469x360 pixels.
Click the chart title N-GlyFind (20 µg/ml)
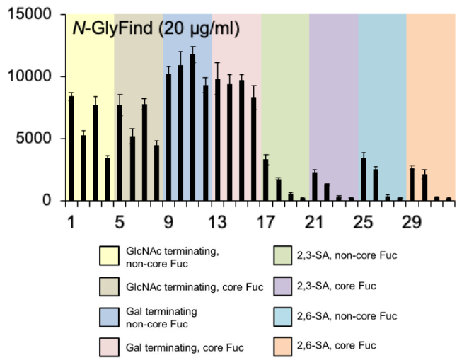click(x=156, y=29)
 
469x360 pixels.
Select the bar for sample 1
click(x=71, y=149)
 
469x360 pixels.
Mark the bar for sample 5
click(x=120, y=153)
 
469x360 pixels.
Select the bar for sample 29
click(x=412, y=185)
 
